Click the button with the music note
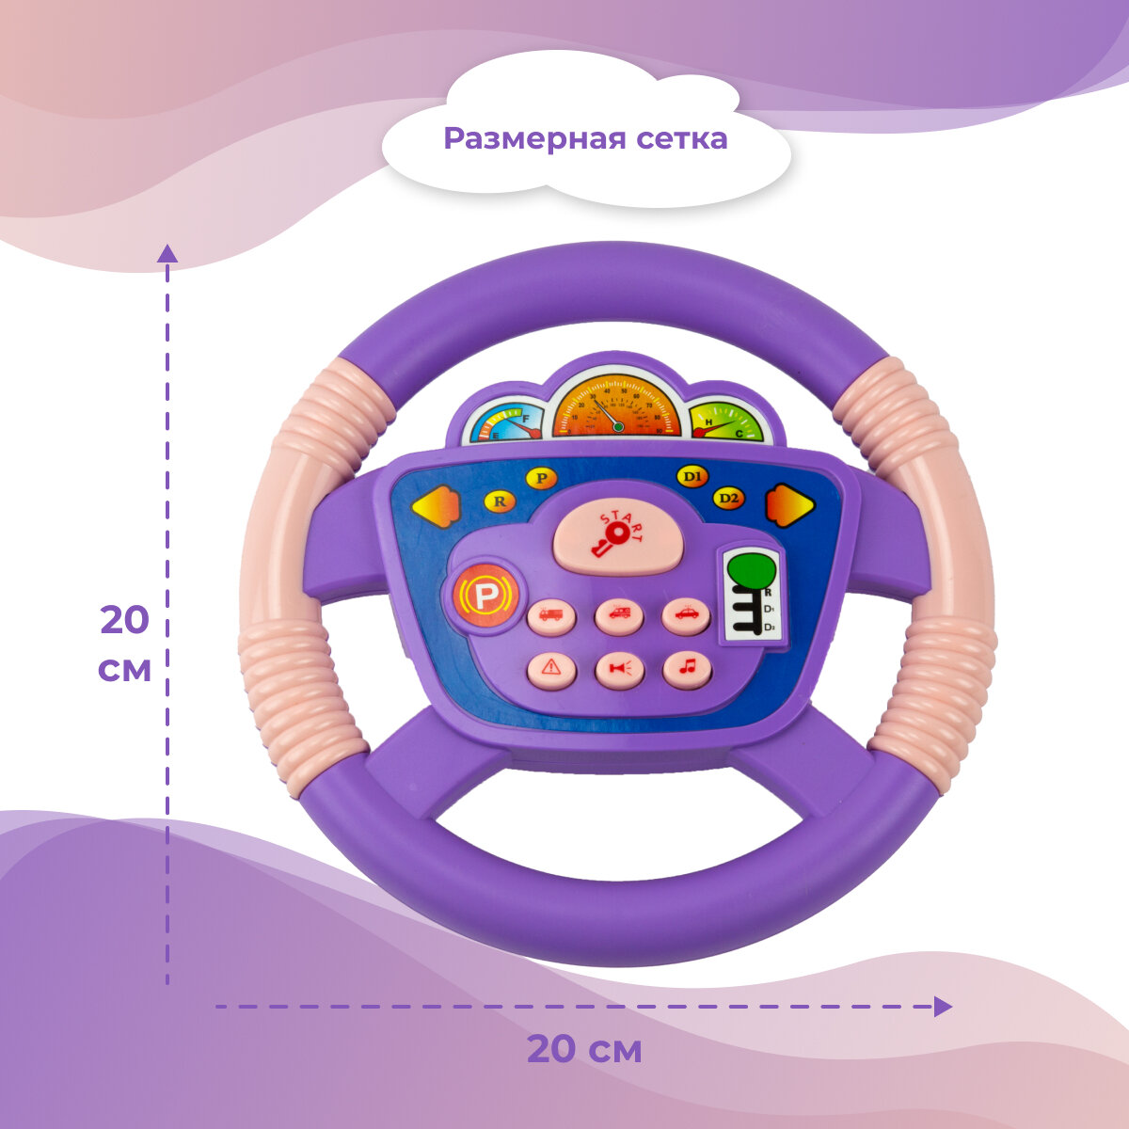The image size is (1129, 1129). [687, 668]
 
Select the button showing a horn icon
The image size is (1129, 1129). [619, 669]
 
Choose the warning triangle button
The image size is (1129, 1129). [552, 669]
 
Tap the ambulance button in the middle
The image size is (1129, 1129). [619, 615]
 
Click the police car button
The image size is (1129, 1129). [686, 614]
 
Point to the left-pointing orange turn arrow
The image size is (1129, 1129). [435, 507]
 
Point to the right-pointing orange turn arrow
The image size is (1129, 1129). [789, 505]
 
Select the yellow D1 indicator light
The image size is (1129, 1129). [692, 477]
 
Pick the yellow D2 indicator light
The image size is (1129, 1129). [727, 498]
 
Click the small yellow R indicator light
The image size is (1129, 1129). [500, 501]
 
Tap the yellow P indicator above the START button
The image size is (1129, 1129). [541, 478]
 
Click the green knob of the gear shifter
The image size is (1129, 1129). [751, 569]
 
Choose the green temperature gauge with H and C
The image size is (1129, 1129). [727, 422]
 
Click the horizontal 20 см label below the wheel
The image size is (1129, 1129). [583, 1048]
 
